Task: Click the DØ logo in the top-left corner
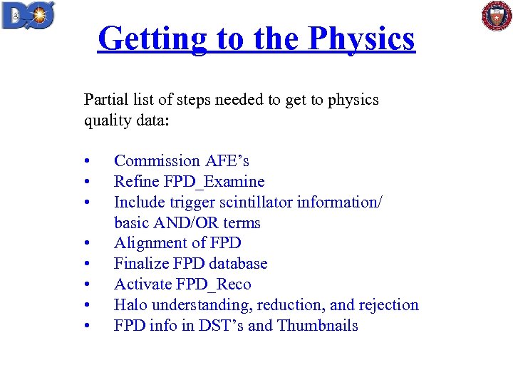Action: click(x=28, y=15)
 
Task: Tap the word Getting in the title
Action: click(x=150, y=38)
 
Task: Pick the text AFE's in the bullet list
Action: click(x=227, y=161)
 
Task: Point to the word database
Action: click(x=237, y=264)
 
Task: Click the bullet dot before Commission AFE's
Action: click(x=85, y=162)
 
